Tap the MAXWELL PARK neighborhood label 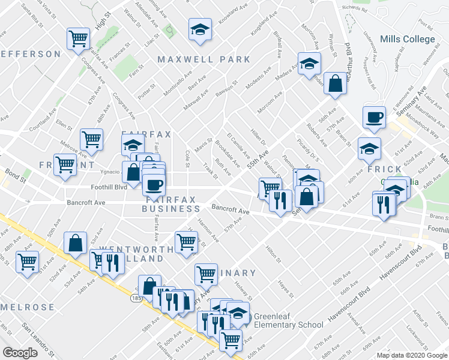tap(203, 59)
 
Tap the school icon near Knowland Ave tap(200, 29)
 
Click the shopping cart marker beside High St tap(79, 40)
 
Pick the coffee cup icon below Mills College tap(375, 117)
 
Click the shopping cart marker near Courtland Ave tap(91, 140)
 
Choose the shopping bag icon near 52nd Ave tap(76, 243)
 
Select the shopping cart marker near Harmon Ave tap(187, 242)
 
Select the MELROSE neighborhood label tap(28, 307)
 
